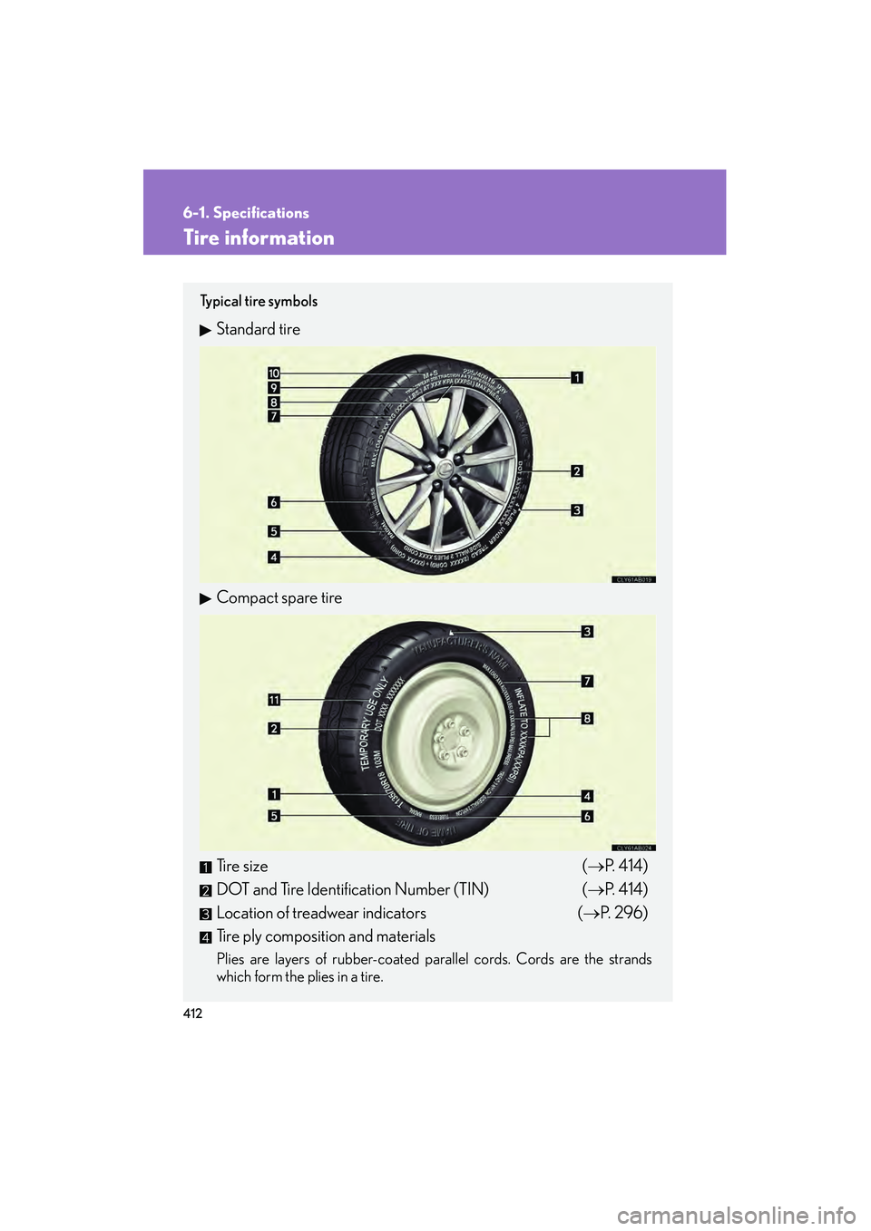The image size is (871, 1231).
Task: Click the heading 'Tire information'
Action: (259, 237)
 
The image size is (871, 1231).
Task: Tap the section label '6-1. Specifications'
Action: (246, 213)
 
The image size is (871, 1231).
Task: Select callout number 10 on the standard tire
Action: (274, 373)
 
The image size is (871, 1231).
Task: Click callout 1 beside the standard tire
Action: (577, 377)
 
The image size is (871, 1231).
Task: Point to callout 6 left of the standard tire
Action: (274, 502)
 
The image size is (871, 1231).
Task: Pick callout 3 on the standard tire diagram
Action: (577, 510)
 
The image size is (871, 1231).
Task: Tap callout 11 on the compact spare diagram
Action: (274, 700)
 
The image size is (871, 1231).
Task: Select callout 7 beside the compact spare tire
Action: (587, 681)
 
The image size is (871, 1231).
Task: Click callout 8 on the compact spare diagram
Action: (587, 719)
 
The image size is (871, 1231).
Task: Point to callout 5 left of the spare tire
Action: (274, 816)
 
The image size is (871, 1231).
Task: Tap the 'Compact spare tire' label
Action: (279, 598)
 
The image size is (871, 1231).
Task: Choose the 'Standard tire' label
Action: (258, 330)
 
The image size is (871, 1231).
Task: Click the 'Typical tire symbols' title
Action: (259, 302)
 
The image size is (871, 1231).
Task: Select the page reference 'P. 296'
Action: (622, 913)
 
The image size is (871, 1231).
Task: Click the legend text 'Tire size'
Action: (242, 867)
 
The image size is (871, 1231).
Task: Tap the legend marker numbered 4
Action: (206, 937)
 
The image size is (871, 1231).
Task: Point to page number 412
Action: (192, 1013)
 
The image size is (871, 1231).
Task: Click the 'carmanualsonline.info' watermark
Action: (736, 1215)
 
